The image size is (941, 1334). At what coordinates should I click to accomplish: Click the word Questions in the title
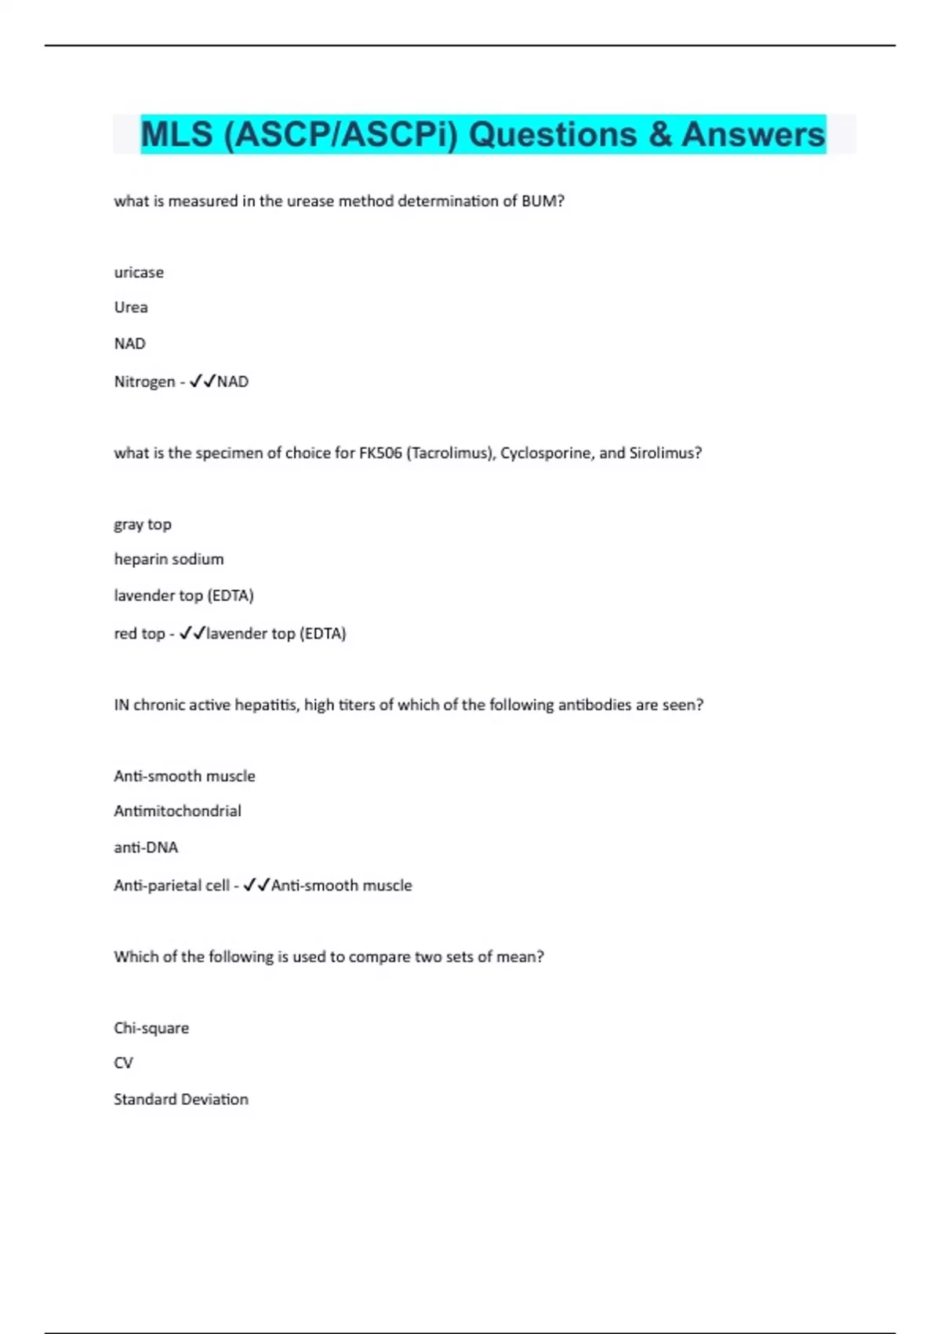pyautogui.click(x=552, y=135)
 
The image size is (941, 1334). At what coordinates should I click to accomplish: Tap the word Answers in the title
pyautogui.click(x=753, y=135)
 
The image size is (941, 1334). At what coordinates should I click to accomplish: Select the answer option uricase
pyautogui.click(x=139, y=272)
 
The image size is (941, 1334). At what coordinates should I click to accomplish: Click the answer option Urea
pyautogui.click(x=131, y=308)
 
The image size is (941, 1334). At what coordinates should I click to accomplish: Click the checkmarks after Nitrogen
pyautogui.click(x=202, y=381)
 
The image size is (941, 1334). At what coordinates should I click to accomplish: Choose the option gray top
pyautogui.click(x=143, y=524)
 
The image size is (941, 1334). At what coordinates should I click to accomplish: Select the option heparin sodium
pyautogui.click(x=169, y=559)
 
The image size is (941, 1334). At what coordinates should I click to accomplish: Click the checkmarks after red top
pyautogui.click(x=192, y=633)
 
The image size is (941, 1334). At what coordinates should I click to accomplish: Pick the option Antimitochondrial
pyautogui.click(x=177, y=811)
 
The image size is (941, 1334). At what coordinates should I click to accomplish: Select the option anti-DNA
pyautogui.click(x=146, y=847)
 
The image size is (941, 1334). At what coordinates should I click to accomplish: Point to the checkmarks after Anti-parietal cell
pyautogui.click(x=256, y=885)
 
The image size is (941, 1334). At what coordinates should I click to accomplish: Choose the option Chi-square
pyautogui.click(x=151, y=1028)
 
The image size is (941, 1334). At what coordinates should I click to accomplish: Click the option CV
pyautogui.click(x=123, y=1063)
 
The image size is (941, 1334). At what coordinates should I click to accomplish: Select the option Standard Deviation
pyautogui.click(x=181, y=1099)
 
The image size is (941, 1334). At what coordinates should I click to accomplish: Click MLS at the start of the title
pyautogui.click(x=176, y=135)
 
